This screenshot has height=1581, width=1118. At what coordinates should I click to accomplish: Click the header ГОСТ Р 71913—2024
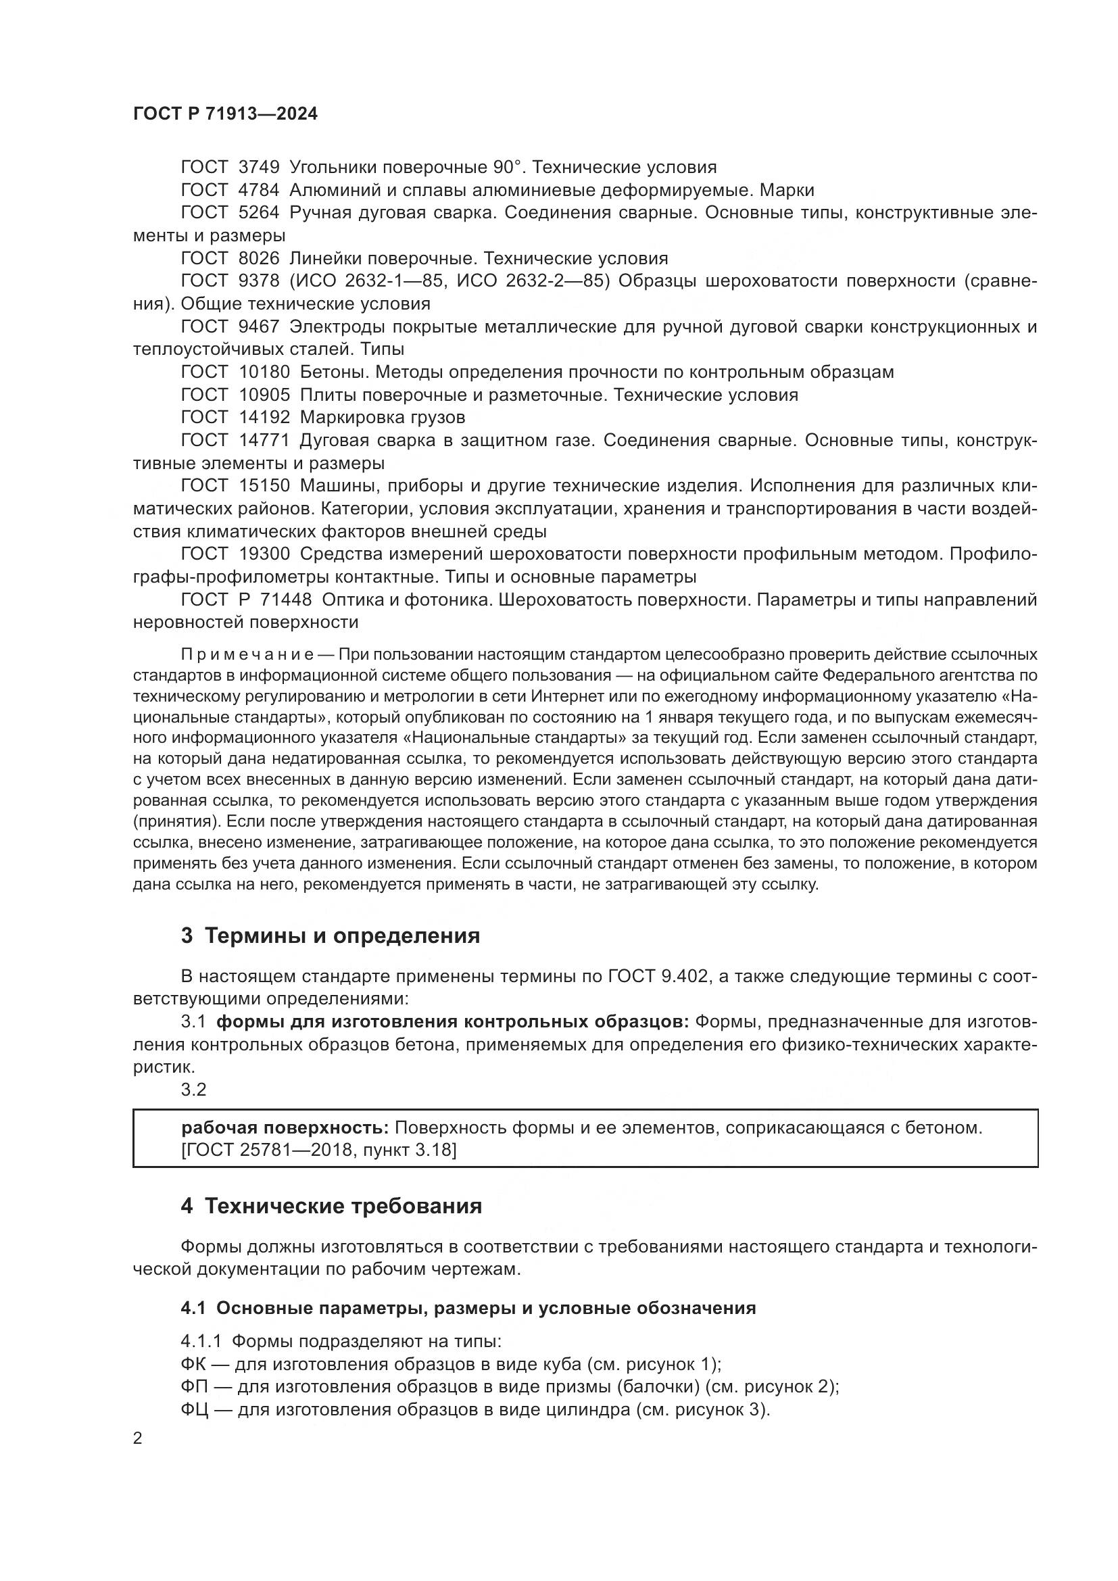click(225, 114)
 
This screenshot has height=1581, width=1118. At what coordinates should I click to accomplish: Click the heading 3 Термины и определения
click(331, 936)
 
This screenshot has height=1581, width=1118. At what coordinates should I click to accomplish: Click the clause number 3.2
click(193, 1090)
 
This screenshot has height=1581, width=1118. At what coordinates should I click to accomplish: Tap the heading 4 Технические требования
click(331, 1207)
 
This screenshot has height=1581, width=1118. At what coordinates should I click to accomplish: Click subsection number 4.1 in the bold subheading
click(193, 1309)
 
